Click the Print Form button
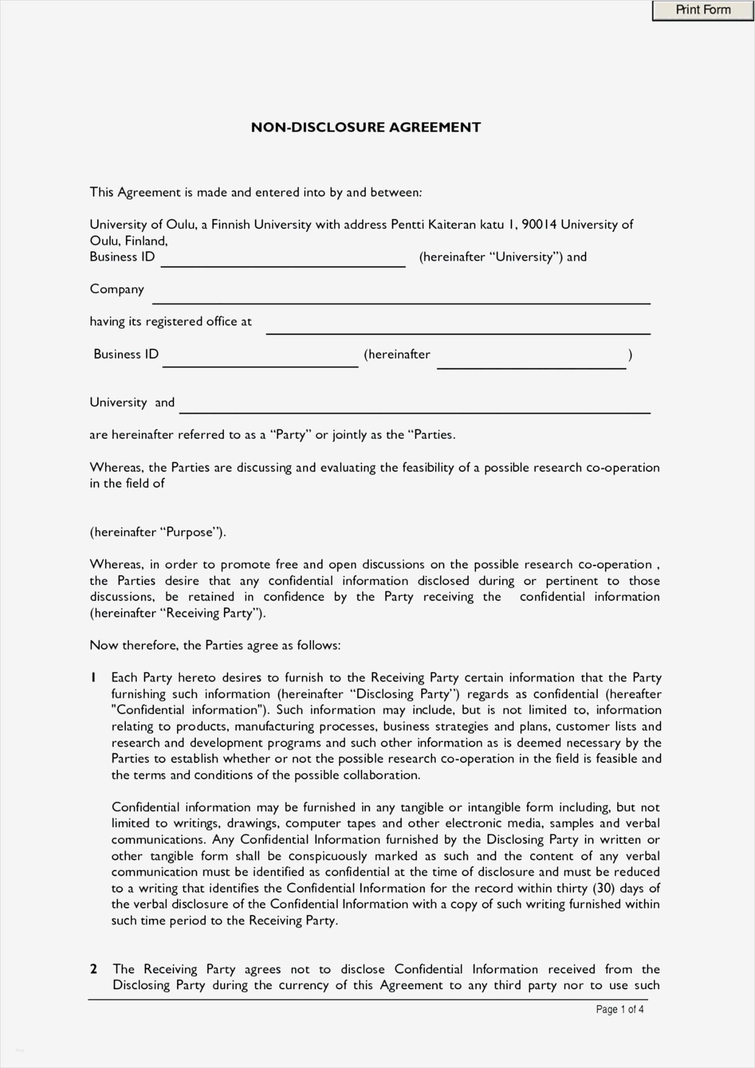pos(703,10)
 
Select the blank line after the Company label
pos(401,298)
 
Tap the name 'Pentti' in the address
pos(407,225)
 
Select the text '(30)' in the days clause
pos(604,888)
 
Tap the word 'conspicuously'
pos(328,856)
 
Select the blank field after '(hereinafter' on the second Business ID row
pos(531,362)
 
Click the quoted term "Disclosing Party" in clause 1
pos(403,694)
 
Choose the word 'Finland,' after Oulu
pos(146,241)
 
